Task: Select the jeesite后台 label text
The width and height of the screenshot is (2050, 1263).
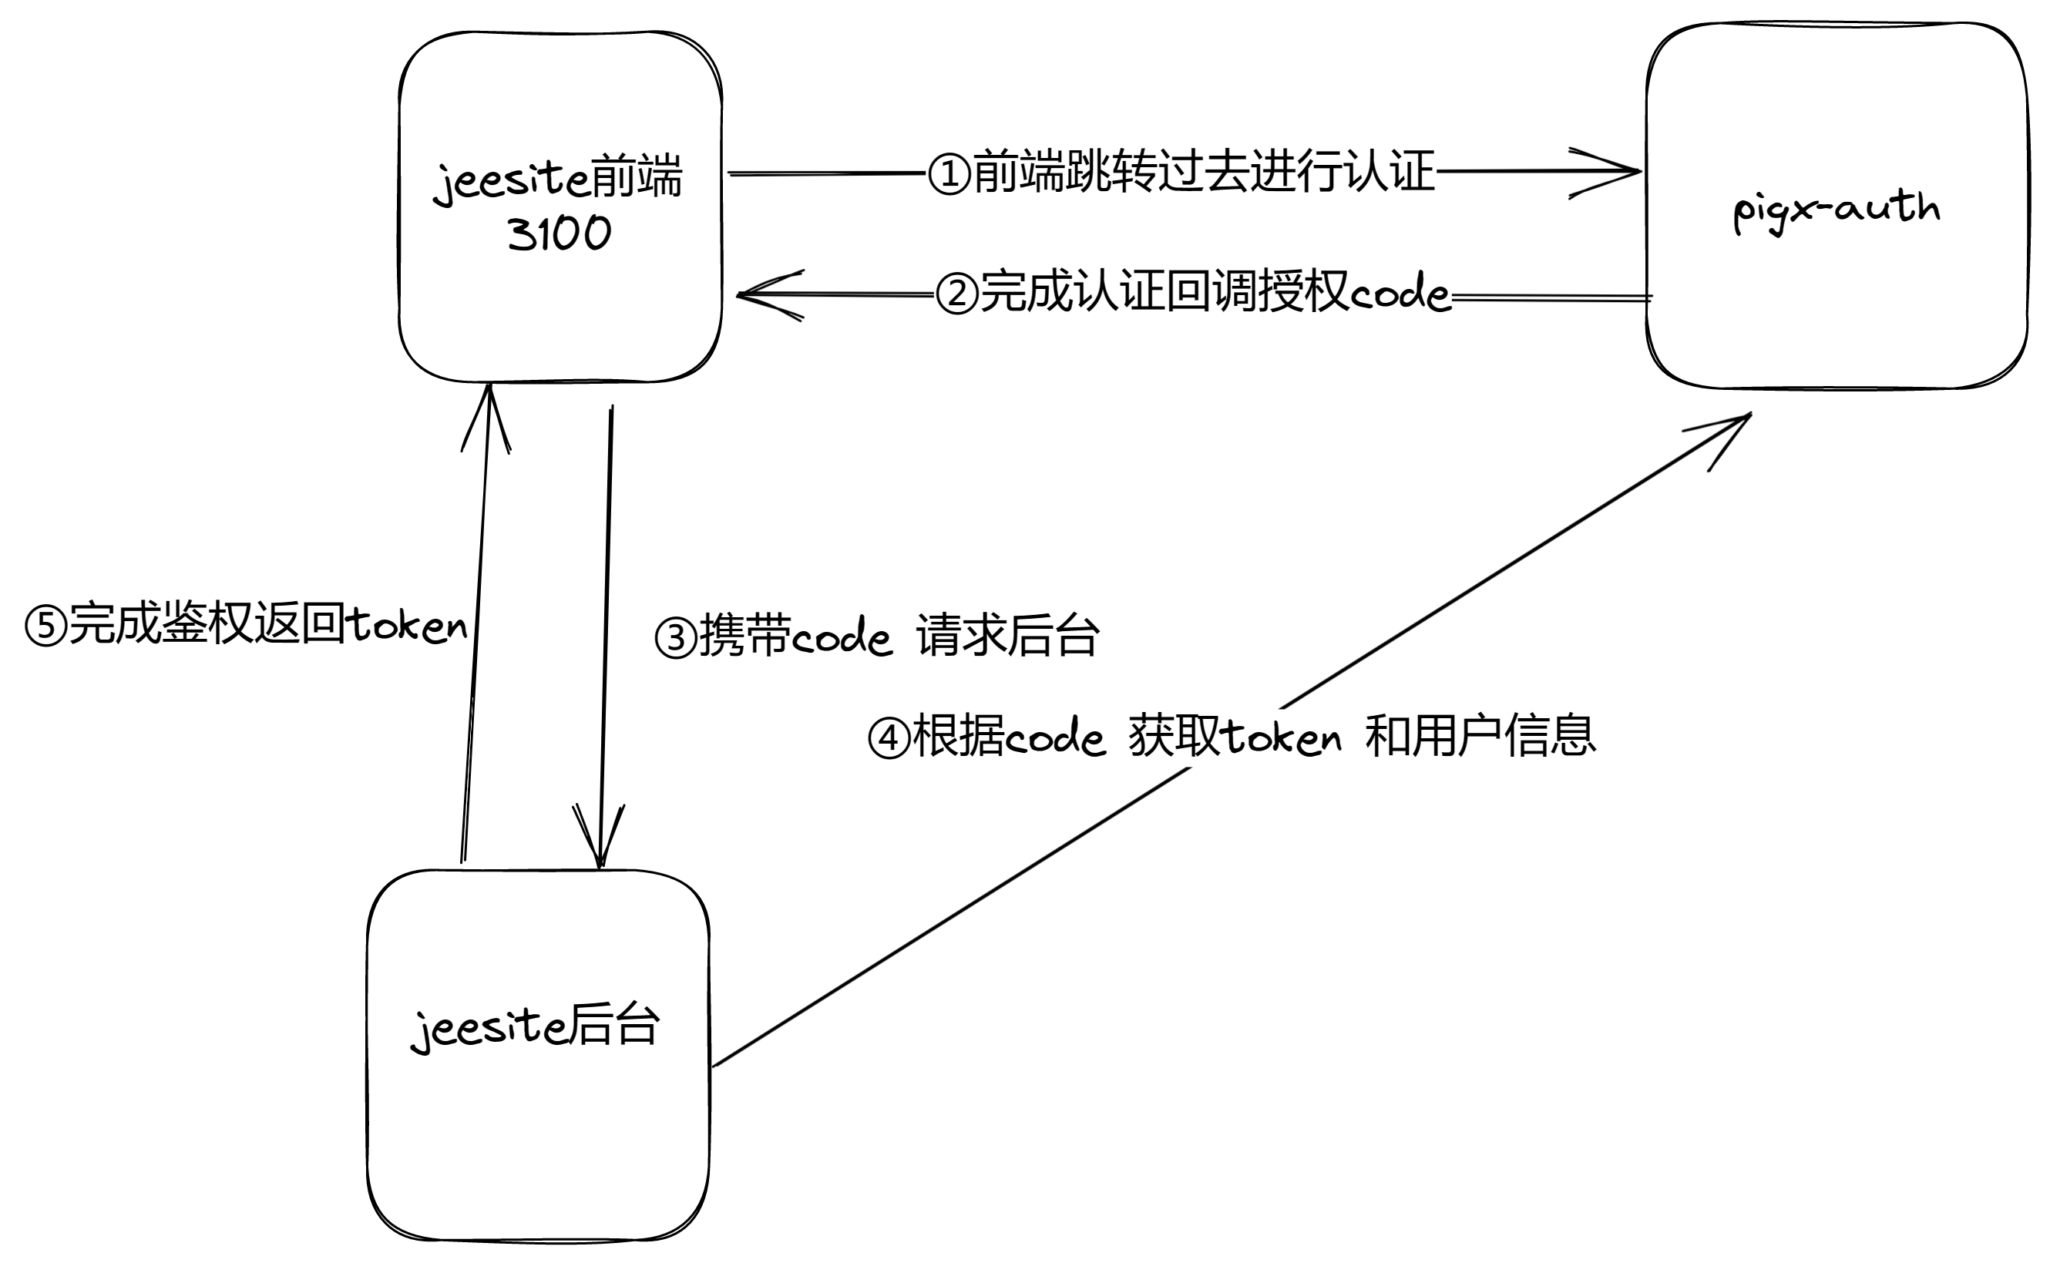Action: click(x=536, y=1026)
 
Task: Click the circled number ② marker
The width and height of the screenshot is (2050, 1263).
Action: click(x=956, y=294)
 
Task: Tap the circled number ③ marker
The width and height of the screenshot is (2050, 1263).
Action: click(x=675, y=639)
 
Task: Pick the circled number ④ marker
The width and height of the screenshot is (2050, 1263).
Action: click(x=889, y=738)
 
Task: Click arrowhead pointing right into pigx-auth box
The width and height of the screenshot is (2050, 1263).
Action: click(x=1608, y=172)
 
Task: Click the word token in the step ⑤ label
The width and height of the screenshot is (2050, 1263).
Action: click(x=407, y=625)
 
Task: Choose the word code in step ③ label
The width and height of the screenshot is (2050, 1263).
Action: click(x=842, y=639)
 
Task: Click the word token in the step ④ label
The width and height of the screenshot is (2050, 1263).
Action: click(x=1282, y=737)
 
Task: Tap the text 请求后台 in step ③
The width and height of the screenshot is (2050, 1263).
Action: click(x=1007, y=637)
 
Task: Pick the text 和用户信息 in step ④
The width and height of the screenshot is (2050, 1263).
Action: click(x=1480, y=736)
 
